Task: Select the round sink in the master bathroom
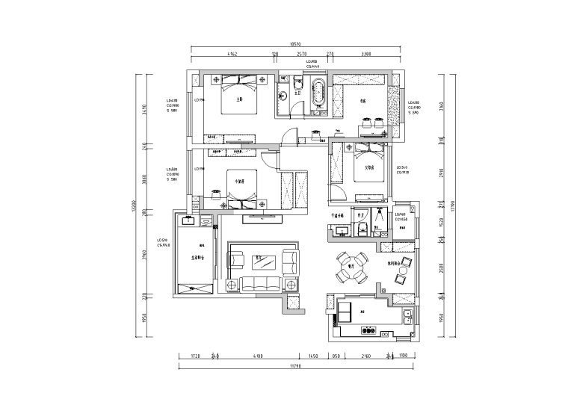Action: click(284, 96)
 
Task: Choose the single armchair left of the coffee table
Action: click(238, 260)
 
